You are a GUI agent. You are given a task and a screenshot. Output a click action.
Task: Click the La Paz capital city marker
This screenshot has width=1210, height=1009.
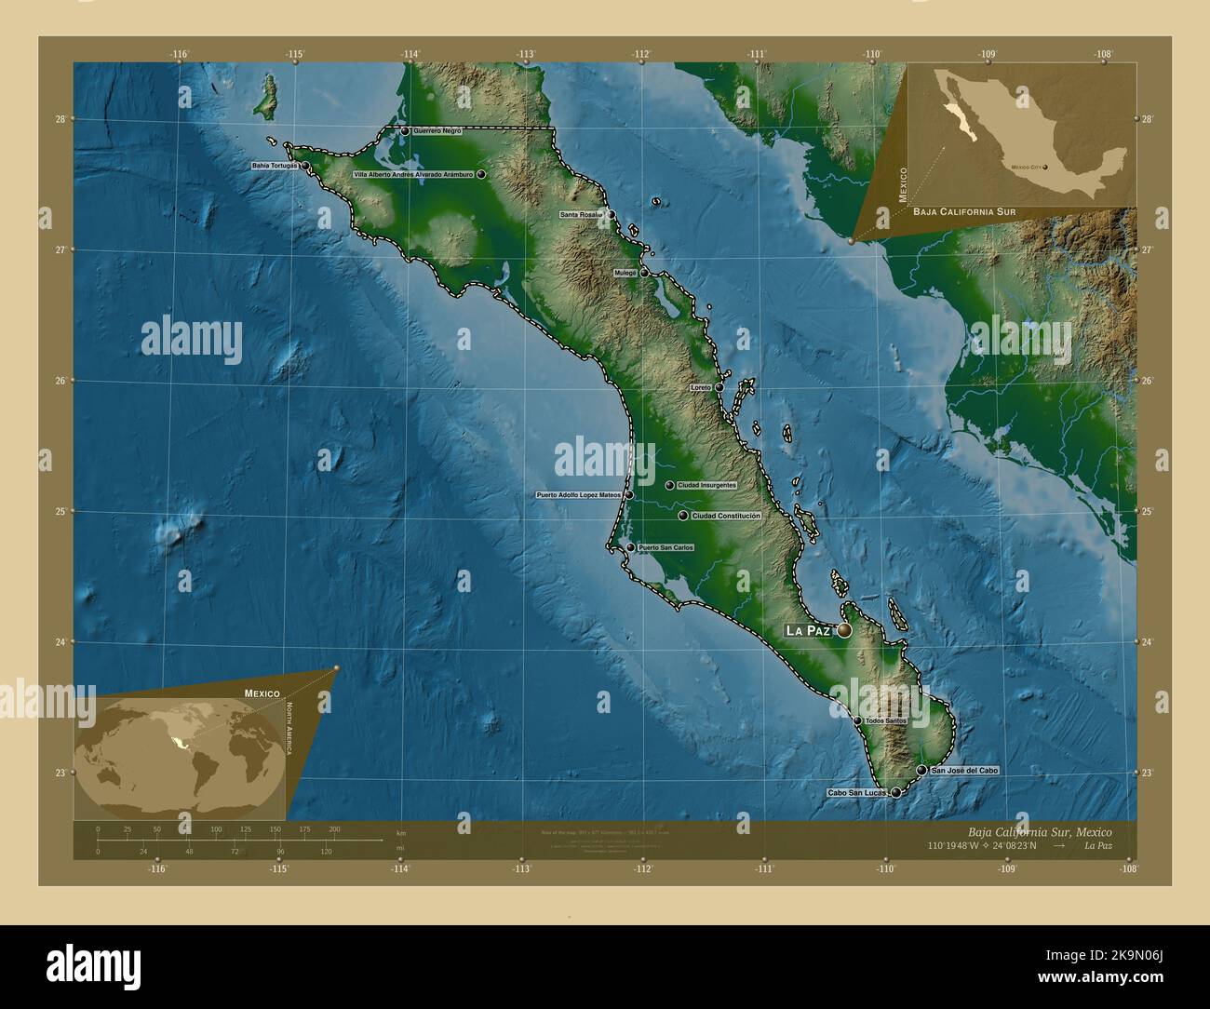844,630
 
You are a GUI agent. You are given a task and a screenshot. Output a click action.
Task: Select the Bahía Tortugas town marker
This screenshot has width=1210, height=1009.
304,166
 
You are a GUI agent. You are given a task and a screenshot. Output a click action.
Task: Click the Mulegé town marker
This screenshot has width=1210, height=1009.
644,273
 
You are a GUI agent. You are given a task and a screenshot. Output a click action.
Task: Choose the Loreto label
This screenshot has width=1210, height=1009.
701,387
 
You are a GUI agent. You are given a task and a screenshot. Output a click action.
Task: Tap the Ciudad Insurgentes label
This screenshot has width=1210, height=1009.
706,485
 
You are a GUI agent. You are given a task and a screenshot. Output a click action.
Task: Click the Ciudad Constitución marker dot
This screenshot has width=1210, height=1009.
683,516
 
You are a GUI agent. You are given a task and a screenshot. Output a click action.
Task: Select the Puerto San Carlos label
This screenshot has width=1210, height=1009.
665,547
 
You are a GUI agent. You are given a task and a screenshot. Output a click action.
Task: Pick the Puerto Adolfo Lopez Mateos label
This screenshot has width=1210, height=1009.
578,495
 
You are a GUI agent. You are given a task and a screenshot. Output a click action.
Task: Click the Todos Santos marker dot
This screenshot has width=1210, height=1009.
857,720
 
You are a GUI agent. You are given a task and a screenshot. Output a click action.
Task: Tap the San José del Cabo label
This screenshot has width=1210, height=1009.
965,771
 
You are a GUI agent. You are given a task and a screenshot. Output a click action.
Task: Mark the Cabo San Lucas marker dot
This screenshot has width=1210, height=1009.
895,793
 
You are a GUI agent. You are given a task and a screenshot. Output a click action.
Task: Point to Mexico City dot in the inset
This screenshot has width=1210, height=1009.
1045,168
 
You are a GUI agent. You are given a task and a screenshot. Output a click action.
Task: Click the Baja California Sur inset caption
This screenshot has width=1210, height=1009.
963,212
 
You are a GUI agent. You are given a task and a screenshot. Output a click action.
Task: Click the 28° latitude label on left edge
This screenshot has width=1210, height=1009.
60,118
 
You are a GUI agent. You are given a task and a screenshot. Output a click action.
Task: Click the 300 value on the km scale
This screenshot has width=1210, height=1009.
334,828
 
